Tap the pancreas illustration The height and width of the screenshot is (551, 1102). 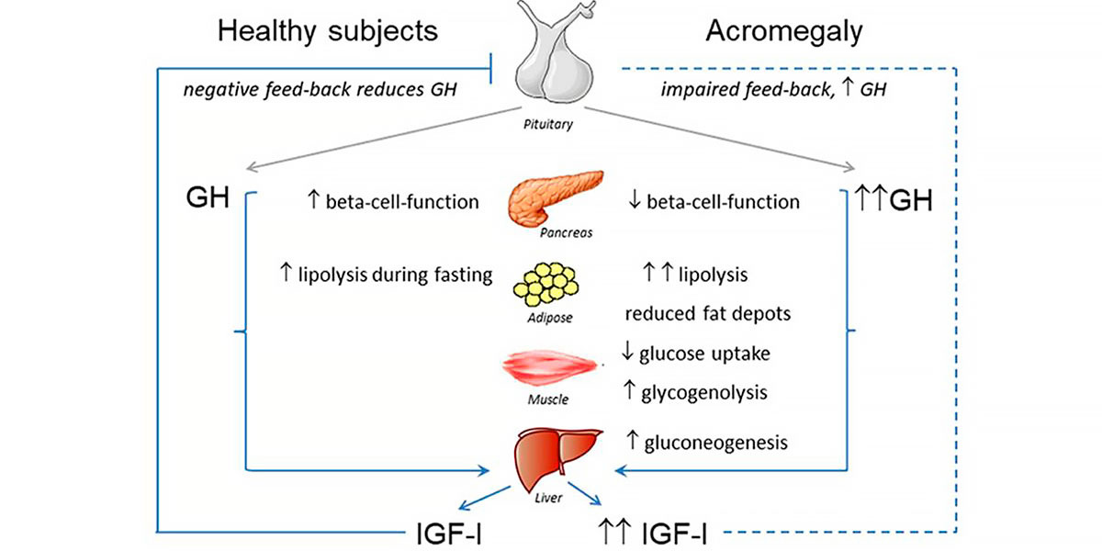click(558, 197)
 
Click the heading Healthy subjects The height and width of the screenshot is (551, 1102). click(327, 31)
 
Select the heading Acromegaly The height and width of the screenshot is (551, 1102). click(784, 31)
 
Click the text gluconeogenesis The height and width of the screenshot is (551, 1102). click(721, 443)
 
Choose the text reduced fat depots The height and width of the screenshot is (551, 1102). click(708, 313)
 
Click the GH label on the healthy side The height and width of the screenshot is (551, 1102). click(207, 199)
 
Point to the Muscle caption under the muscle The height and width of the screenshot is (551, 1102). click(548, 399)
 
